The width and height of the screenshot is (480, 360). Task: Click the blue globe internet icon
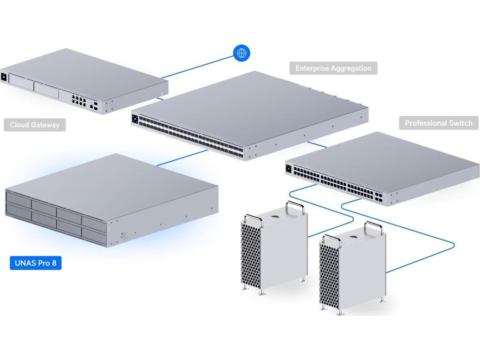pyautogui.click(x=241, y=53)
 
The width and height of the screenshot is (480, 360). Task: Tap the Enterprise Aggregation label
pyautogui.click(x=333, y=68)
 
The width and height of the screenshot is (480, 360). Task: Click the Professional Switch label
pyautogui.click(x=438, y=123)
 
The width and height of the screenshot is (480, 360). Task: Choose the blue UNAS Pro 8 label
pyautogui.click(x=36, y=262)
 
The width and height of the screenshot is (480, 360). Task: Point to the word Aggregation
pyautogui.click(x=352, y=68)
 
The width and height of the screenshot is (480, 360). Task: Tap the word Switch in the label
pyautogui.click(x=461, y=123)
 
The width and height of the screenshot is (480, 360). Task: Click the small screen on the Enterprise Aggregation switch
pyautogui.click(x=135, y=119)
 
